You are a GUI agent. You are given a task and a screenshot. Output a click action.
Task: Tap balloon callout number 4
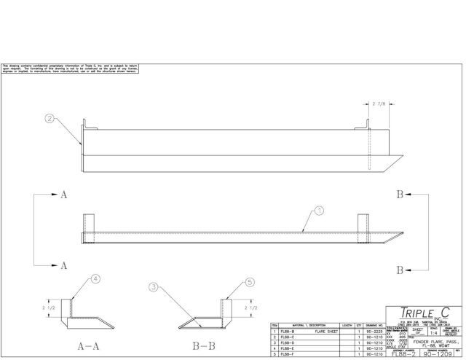tap(94, 277)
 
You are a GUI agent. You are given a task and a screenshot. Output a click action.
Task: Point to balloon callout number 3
tap(153, 287)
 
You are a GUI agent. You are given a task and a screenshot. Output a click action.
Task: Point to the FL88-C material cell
tap(288, 337)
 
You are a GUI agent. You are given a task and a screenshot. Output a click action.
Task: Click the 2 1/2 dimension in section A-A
tap(51, 303)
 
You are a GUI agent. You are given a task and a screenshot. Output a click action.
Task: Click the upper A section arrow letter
tap(64, 195)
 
